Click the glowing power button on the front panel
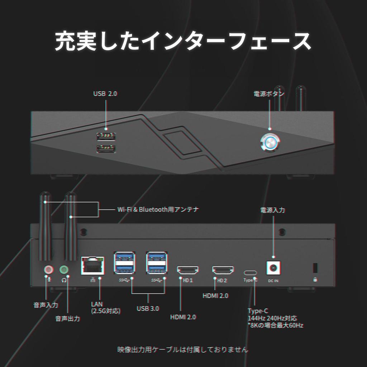coord(270,143)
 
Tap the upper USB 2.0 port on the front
coord(106,137)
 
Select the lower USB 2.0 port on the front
coord(106,148)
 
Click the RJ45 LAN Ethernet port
coord(92,265)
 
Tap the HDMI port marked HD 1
coord(188,270)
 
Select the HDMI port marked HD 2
coord(223,270)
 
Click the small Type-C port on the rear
coord(250,272)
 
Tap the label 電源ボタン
coord(269,94)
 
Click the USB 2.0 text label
coord(105,94)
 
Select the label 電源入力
coord(272,210)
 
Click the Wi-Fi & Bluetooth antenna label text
coord(158,209)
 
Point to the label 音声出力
coord(67,319)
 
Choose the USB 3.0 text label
coord(148,308)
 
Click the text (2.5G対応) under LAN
coord(106,311)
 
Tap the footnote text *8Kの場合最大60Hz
coord(276,325)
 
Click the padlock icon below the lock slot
coord(315,280)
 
